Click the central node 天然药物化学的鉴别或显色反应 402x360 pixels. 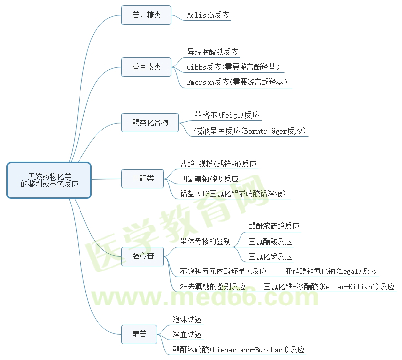[x=49, y=180]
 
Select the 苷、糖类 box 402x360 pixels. [x=147, y=15]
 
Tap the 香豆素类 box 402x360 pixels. [x=147, y=67]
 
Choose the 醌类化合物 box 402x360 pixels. [x=150, y=122]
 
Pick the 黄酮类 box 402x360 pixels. [x=143, y=178]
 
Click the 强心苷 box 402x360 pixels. [x=143, y=256]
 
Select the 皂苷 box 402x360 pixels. [x=139, y=334]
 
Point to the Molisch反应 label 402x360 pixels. [x=208, y=15]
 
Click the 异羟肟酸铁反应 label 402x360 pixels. [x=213, y=52]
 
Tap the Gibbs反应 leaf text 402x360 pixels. [x=234, y=67]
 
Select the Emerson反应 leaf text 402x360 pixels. [x=238, y=82]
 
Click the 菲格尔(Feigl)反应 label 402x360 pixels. [x=227, y=115]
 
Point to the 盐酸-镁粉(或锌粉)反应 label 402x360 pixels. [x=219, y=164]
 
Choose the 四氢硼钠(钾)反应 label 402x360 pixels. [x=209, y=179]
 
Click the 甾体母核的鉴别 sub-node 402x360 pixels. [x=205, y=241]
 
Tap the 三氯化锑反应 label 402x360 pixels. [x=270, y=256]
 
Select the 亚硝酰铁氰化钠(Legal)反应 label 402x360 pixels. [x=331, y=271]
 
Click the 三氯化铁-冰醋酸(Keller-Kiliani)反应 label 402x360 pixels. [x=329, y=286]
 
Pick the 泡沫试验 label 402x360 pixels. [x=187, y=319]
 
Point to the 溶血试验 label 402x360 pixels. [x=187, y=334]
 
